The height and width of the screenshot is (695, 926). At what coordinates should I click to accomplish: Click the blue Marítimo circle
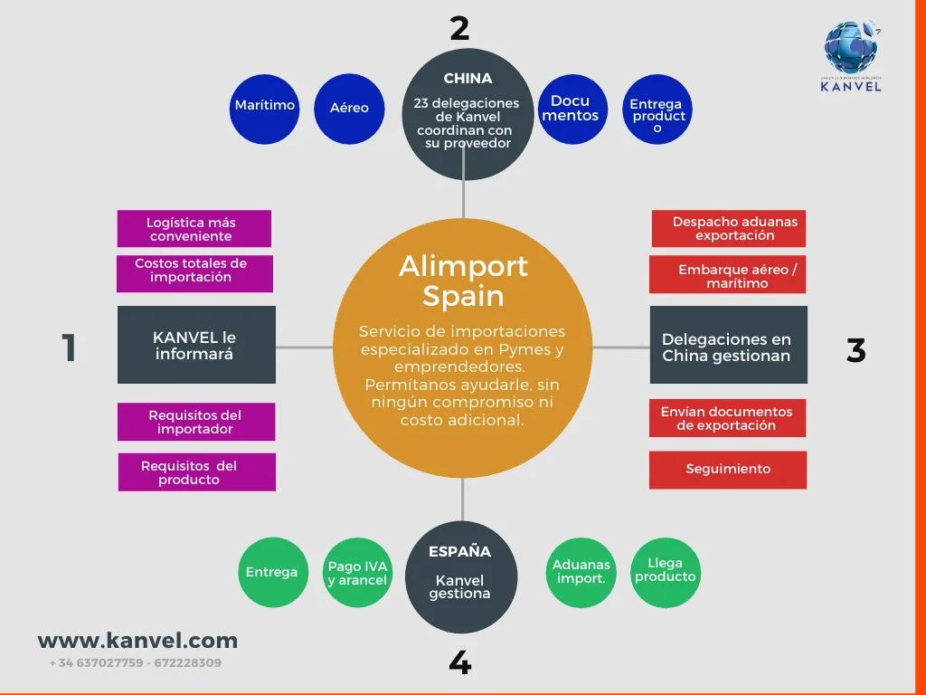(x=264, y=109)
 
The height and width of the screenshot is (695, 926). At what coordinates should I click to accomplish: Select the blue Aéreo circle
(x=349, y=109)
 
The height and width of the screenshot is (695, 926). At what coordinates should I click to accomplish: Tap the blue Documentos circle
(x=572, y=109)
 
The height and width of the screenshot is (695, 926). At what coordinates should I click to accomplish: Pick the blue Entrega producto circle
(x=657, y=109)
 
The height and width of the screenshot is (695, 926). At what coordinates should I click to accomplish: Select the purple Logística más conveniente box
(x=194, y=229)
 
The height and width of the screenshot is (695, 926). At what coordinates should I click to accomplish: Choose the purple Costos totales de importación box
(x=194, y=271)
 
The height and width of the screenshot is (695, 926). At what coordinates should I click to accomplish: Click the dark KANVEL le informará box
(x=196, y=345)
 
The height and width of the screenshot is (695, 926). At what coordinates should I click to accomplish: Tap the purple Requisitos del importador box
(x=196, y=422)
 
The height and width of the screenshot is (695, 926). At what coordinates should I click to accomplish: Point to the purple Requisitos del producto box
(x=196, y=472)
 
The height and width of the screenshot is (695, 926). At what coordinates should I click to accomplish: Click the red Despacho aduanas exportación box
(x=729, y=228)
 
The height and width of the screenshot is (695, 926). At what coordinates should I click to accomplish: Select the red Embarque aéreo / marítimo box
(x=728, y=276)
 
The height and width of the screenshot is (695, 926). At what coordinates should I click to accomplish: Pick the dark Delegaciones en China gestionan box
(x=728, y=345)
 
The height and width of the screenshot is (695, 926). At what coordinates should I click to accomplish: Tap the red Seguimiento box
(x=728, y=470)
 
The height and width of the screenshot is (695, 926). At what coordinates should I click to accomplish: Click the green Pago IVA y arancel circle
(x=358, y=573)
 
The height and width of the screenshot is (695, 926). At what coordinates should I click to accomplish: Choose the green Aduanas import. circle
(x=581, y=572)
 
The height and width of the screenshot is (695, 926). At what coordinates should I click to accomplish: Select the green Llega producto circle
(x=665, y=571)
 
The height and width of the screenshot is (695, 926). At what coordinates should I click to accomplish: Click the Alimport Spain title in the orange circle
(x=463, y=281)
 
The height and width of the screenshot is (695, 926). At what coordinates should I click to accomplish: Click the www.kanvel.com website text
(x=137, y=641)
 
